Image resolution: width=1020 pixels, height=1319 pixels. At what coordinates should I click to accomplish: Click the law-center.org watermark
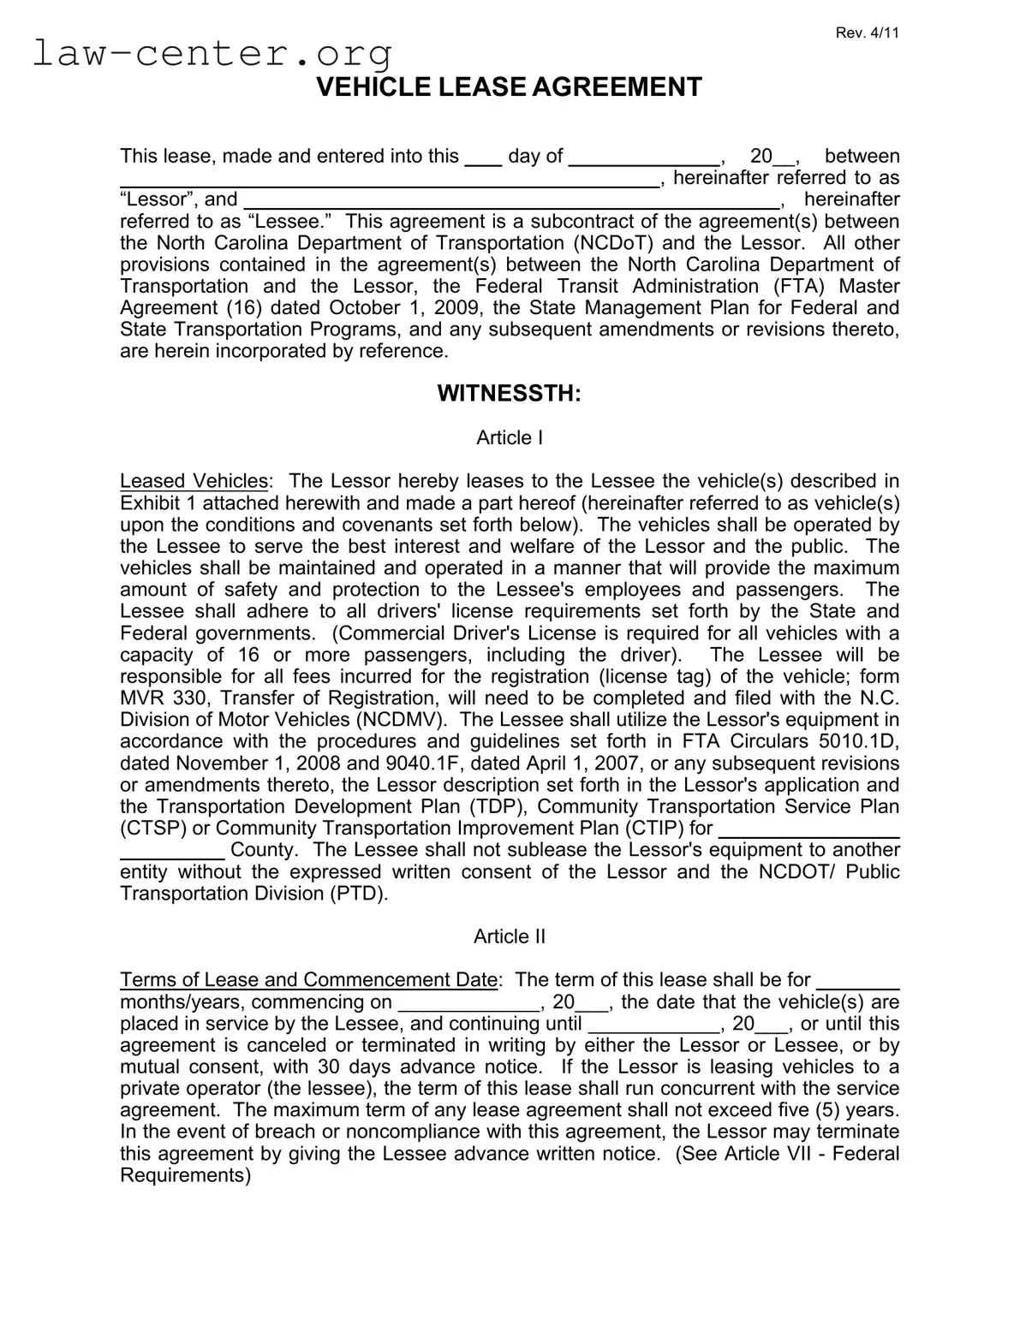[x=212, y=53]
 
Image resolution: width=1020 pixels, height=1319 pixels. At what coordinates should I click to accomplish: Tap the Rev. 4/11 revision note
[x=867, y=33]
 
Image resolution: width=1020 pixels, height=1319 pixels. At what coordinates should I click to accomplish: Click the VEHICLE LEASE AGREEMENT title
[x=509, y=87]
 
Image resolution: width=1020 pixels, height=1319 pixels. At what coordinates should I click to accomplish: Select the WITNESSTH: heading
[x=509, y=394]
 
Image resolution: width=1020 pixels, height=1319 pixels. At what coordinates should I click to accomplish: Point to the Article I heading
[x=510, y=438]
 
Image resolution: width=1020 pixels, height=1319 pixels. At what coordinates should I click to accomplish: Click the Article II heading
[x=510, y=936]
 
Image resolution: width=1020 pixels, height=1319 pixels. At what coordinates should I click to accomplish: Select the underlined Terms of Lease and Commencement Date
[x=308, y=980]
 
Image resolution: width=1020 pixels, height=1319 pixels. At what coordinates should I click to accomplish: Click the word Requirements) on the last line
[x=186, y=1175]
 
